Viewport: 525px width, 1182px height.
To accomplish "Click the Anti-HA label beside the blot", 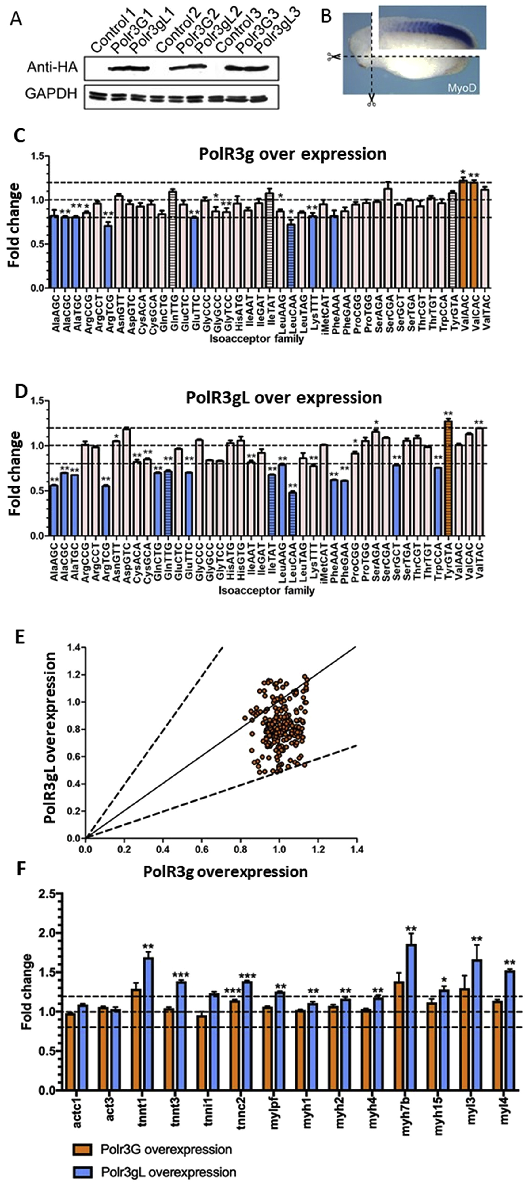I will tap(52, 68).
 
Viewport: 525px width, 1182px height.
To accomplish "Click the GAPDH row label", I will tap(51, 94).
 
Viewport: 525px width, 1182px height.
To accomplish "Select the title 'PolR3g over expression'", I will tap(292, 154).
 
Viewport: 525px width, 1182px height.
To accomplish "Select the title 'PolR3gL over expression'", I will tap(283, 397).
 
